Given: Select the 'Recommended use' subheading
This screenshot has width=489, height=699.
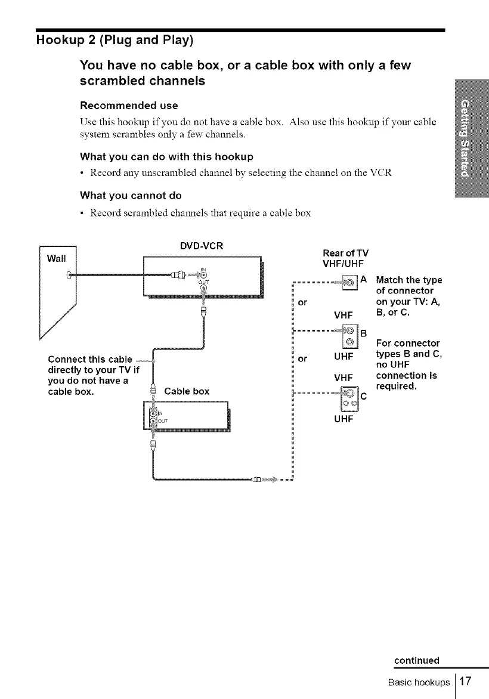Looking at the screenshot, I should [x=129, y=106].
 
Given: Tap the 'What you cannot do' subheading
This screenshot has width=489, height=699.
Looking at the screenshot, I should [x=131, y=195].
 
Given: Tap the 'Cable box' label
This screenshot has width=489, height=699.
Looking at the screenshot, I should [x=187, y=391].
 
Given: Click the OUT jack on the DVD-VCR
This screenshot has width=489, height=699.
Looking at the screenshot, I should [x=204, y=289].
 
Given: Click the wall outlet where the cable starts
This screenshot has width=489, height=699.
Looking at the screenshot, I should [x=70, y=275].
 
